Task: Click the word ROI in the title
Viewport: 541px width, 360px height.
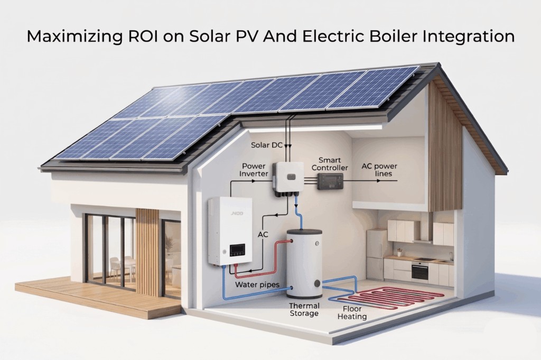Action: (x=143, y=36)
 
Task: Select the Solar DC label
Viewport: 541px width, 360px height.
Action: (x=267, y=145)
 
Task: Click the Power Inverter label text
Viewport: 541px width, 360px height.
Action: (x=254, y=170)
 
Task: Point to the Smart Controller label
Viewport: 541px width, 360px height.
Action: (x=330, y=164)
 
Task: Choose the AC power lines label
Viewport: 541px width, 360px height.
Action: (x=379, y=170)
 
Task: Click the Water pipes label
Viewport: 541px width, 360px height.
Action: (x=257, y=285)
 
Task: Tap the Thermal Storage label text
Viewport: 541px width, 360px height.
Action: (x=304, y=310)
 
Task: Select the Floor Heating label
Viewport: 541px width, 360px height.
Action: (x=352, y=313)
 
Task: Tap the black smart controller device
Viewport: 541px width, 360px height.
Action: (x=331, y=180)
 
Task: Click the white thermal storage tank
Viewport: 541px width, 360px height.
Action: (x=305, y=264)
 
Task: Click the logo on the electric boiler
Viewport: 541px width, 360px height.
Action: (x=237, y=214)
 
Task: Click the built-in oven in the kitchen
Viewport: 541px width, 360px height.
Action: (x=420, y=271)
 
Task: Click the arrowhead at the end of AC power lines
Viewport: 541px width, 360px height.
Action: (x=395, y=180)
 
